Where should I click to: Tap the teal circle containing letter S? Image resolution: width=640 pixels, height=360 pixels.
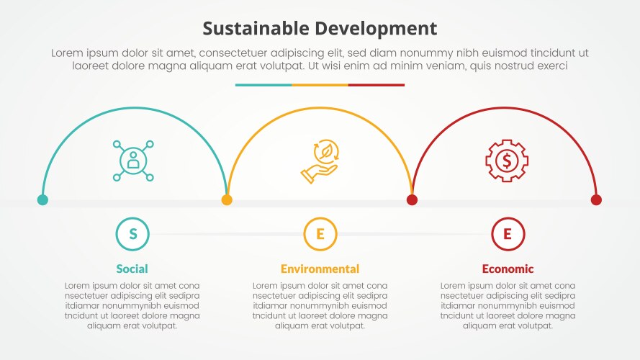132,233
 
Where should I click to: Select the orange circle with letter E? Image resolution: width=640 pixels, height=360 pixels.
320,233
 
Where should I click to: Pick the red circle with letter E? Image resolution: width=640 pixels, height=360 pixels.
508,233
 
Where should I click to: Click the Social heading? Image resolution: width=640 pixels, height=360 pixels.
132,269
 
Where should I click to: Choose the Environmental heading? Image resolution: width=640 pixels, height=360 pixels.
320,269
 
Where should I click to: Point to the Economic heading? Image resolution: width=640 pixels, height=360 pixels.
508,269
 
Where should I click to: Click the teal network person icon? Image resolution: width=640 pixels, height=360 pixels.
133,160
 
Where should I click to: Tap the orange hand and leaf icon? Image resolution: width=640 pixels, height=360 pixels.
320,161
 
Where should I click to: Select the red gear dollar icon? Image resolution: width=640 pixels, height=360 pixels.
507,160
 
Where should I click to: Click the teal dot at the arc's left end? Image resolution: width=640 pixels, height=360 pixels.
42,200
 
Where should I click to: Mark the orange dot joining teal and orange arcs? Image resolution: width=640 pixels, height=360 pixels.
227,200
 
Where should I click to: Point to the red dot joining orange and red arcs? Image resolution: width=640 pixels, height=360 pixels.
412,200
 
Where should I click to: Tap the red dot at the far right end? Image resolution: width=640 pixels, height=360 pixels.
596,200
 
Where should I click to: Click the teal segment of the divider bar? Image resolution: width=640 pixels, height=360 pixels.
263,85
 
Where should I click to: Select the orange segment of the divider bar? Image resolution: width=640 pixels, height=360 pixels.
320,85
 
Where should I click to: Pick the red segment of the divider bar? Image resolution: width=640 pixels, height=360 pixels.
377,85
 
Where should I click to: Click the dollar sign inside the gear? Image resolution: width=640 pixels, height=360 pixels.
507,160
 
